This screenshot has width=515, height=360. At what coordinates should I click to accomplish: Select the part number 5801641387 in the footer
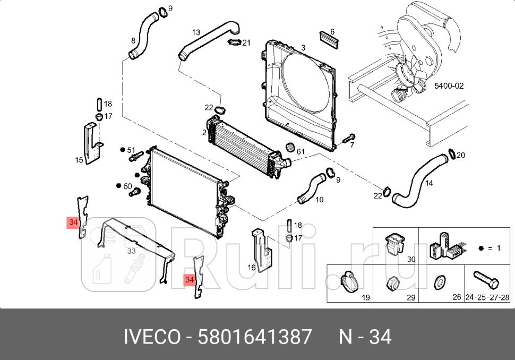pos(255,337)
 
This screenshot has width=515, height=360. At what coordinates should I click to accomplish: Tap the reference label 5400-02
pos(449,86)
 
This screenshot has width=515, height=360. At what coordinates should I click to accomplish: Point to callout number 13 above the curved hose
pos(196,32)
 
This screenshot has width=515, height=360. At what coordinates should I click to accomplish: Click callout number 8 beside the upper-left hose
pos(133,40)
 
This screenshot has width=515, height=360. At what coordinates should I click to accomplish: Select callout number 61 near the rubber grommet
pos(301,152)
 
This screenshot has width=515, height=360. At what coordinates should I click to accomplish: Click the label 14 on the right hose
pos(429,183)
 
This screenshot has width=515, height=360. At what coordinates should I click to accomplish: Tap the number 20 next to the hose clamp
pos(460,155)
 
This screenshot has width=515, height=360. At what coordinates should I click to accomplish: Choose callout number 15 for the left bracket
pos(79,160)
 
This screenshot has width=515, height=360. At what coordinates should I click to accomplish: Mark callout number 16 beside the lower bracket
pos(252,267)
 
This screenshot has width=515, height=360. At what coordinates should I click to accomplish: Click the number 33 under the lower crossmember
pos(131,251)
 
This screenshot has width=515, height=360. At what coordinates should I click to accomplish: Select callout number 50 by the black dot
pos(128,186)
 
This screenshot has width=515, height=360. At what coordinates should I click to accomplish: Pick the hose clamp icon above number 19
pos(348,280)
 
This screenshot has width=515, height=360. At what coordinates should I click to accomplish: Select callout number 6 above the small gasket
pos(332,32)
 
